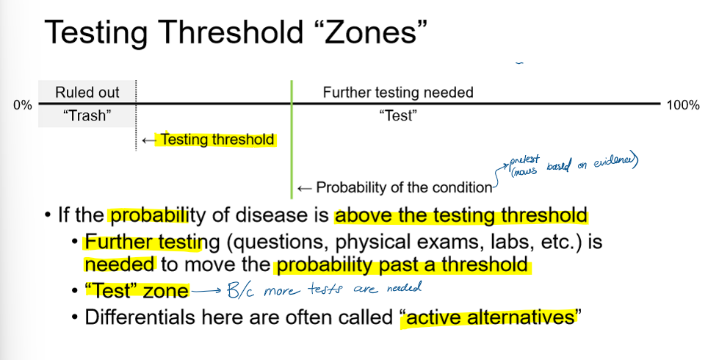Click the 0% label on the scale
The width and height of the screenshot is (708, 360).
click(23, 105)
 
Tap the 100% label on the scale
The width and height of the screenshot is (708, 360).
click(682, 105)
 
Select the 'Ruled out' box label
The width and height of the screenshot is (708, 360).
click(87, 93)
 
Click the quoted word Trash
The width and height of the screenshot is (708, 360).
click(87, 115)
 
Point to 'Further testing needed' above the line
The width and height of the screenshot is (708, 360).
click(398, 93)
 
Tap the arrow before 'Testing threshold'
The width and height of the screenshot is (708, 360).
click(150, 140)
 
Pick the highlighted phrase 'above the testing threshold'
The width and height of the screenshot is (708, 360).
click(460, 216)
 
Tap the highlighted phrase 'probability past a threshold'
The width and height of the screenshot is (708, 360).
click(401, 265)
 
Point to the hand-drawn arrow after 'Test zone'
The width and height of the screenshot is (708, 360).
click(207, 292)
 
